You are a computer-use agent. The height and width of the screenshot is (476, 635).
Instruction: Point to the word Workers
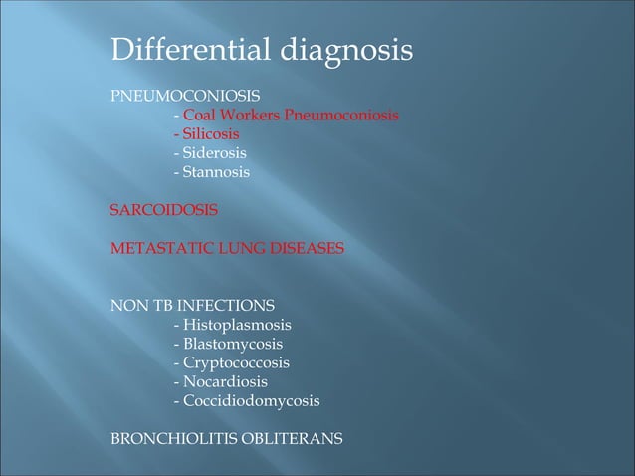pos(253,116)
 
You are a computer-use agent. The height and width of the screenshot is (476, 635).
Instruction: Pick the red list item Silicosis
pos(210,134)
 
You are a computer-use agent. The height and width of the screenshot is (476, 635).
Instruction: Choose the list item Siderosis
pos(214,153)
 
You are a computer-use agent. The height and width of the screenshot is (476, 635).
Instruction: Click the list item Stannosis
pos(216,172)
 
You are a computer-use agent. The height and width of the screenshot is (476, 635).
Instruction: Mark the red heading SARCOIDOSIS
pos(164,210)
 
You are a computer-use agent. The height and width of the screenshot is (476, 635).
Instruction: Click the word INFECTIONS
pos(227,306)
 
